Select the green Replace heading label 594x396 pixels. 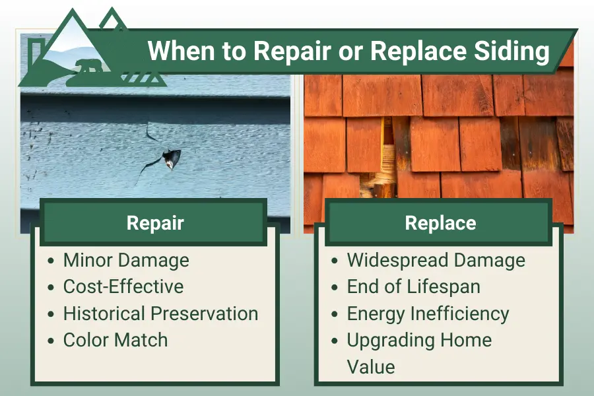click(440, 222)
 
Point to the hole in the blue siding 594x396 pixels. click(170, 158)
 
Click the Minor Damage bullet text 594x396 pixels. click(126, 260)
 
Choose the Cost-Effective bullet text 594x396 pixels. click(123, 286)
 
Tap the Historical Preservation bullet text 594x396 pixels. click(160, 313)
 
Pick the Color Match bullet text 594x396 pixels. click(115, 340)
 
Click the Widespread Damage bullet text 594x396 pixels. click(436, 260)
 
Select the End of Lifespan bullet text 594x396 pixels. click(414, 286)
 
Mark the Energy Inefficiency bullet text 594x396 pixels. click(428, 313)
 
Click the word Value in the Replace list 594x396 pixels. click(371, 367)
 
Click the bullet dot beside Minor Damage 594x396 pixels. click(52, 261)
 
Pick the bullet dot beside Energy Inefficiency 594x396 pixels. click(336, 314)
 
